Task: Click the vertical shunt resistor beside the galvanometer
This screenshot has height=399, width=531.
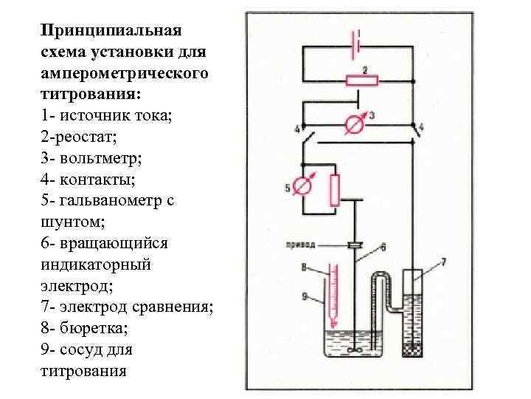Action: click(x=335, y=190)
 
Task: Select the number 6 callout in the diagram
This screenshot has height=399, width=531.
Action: click(x=383, y=246)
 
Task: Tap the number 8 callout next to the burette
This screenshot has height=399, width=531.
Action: click(x=303, y=267)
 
